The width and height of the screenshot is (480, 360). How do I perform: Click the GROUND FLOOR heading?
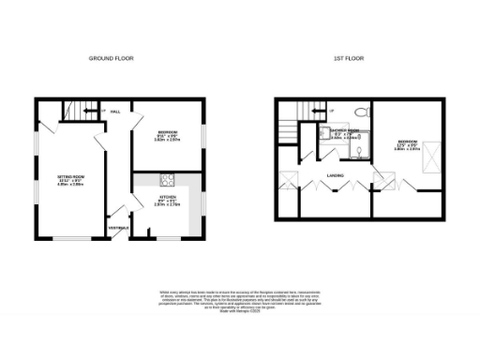pos(111,58)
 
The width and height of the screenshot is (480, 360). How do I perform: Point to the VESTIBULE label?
pos(119,228)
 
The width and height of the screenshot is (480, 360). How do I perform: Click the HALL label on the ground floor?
pos(115,111)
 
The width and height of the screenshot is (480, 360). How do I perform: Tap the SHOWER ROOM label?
pos(344,131)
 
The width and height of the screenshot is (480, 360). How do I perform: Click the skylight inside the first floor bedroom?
pos(434,153)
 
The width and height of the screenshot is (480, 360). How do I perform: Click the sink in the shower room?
pos(361,148)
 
